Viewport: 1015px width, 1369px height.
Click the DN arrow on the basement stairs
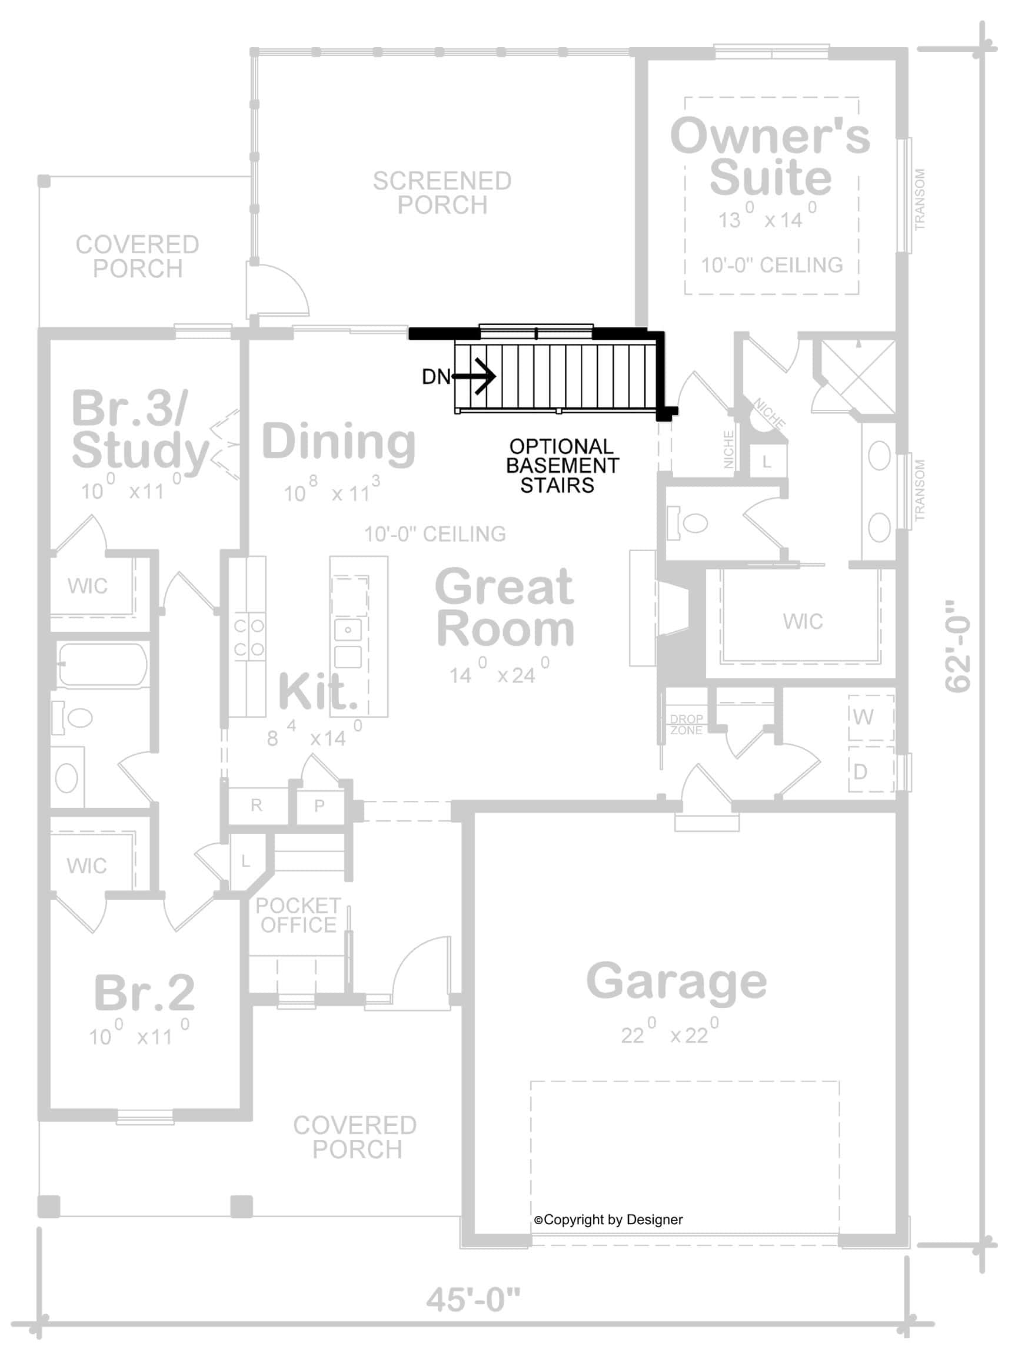[x=476, y=375]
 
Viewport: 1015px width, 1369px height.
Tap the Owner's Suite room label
[x=770, y=157]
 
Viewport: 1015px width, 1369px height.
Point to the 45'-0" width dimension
[x=473, y=1300]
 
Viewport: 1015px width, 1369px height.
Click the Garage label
[x=677, y=982]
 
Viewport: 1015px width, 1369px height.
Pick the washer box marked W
[x=871, y=717]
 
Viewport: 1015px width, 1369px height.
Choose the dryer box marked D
[x=871, y=770]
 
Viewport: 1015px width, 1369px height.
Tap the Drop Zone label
[x=686, y=724]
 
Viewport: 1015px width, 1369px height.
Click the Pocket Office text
[x=298, y=916]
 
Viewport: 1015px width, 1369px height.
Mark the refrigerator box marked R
[x=256, y=806]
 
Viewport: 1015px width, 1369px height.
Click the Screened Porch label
[x=442, y=193]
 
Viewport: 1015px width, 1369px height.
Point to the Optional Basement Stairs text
[x=561, y=465]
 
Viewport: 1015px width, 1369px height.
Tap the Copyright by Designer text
[x=608, y=1219]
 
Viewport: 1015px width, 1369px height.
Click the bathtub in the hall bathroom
[x=102, y=665]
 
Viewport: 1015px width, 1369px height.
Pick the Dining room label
[x=339, y=442]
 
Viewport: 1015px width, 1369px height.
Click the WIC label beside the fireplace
[x=803, y=621]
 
